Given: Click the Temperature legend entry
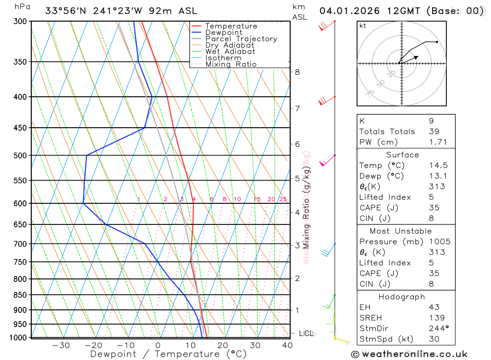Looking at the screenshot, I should click(x=231, y=26).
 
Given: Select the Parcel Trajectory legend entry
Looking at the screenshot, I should click(x=241, y=39).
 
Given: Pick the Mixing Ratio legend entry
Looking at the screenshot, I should click(x=231, y=64).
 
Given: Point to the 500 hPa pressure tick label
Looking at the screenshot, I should click(x=20, y=156).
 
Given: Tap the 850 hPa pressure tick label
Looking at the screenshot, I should click(x=20, y=295).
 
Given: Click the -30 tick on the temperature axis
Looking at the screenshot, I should click(x=61, y=345).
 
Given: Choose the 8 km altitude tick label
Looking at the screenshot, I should click(x=297, y=72).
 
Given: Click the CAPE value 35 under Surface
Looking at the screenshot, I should click(x=434, y=208).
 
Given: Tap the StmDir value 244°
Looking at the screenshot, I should click(x=437, y=329).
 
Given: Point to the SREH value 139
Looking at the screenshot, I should click(x=436, y=318).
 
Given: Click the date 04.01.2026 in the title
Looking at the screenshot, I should click(x=349, y=11).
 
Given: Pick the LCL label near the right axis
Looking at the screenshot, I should click(x=306, y=333).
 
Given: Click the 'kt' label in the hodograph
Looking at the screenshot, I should click(x=363, y=26).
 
